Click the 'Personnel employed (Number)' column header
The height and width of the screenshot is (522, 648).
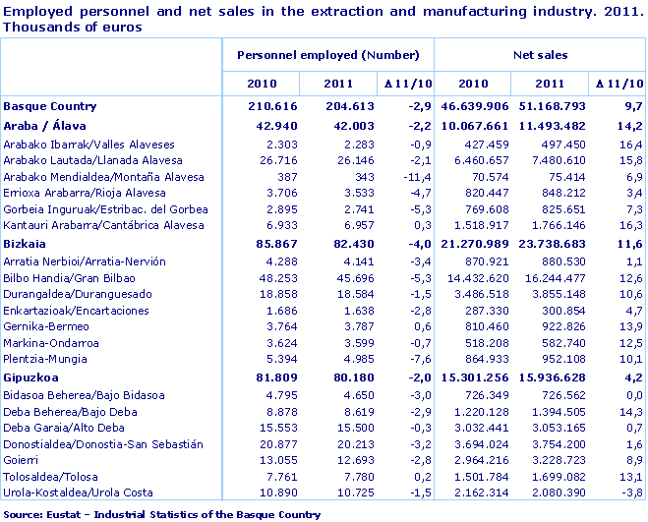tap(327, 56)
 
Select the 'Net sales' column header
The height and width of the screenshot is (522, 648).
tap(540, 56)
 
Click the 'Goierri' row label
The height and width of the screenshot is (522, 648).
tap(22, 459)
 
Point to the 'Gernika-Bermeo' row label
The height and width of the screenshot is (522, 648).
tap(45, 326)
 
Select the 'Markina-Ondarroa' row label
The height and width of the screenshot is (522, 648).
tap(51, 343)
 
